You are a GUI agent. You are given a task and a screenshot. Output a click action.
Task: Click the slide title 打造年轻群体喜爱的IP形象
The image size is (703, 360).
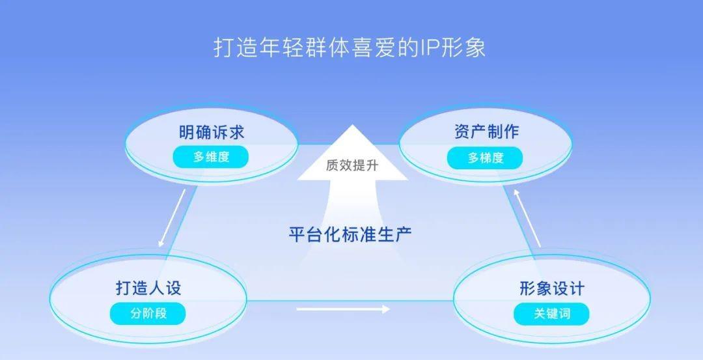[350, 48]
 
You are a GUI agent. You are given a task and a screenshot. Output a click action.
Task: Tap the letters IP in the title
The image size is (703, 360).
[431, 48]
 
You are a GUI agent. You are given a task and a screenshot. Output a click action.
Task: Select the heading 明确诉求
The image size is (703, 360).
[212, 132]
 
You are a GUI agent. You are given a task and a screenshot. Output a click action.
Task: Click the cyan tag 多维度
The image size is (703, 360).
[211, 157]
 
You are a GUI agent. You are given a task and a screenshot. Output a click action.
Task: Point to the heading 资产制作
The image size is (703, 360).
[486, 132]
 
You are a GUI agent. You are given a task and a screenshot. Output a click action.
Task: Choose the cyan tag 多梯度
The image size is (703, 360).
[486, 158]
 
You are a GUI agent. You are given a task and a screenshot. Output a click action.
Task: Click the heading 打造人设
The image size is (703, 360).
[148, 288]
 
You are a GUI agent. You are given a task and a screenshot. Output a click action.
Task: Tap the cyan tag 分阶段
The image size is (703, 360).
[148, 313]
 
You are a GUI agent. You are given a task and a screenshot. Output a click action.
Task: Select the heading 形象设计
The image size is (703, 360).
[552, 288]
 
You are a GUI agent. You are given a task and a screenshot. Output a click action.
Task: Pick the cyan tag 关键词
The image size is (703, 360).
[552, 314]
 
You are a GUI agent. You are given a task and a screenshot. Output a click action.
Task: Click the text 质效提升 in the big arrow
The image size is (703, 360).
[352, 165]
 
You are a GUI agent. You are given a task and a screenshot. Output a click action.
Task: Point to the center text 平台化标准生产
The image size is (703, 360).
[350, 234]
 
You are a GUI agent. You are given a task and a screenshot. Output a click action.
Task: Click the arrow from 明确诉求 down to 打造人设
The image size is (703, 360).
[172, 218]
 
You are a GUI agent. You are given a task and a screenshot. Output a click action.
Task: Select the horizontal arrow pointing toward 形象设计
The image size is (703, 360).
[344, 309]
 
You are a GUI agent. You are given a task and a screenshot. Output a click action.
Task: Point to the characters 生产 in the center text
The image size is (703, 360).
[395, 234]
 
